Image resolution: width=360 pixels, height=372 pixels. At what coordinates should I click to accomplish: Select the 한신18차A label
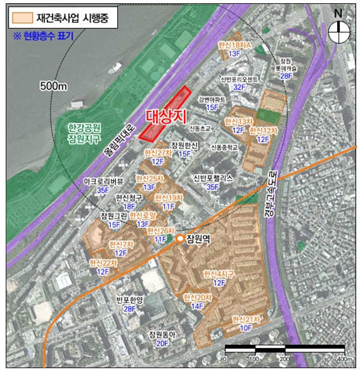coord(235,46)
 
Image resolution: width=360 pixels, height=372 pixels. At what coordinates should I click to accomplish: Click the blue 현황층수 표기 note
coord(42,35)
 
